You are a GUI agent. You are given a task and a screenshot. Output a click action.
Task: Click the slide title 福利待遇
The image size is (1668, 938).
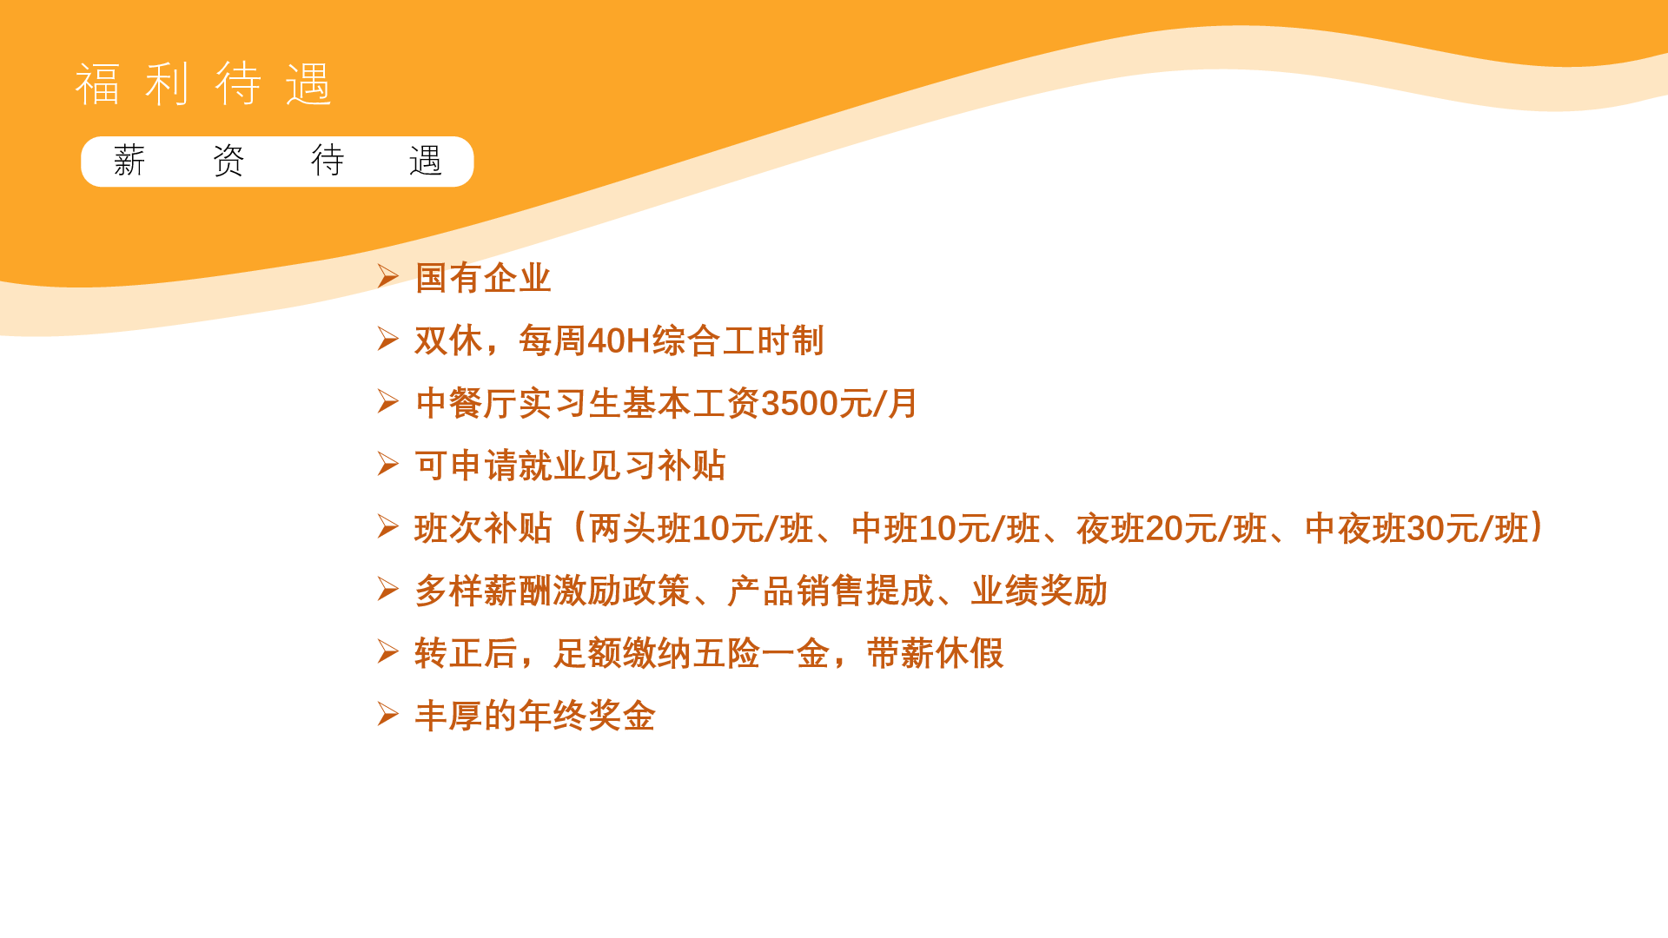click(x=203, y=84)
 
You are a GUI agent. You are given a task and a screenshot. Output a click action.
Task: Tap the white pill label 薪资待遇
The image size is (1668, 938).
click(x=277, y=162)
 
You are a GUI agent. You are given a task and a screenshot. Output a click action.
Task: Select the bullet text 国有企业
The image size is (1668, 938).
click(x=483, y=278)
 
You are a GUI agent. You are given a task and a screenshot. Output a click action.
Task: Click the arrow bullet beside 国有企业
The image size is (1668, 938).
click(x=387, y=276)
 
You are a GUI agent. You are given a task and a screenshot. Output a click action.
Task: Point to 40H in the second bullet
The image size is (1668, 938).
click(x=619, y=340)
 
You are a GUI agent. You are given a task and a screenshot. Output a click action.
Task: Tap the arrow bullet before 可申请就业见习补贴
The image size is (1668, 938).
click(x=387, y=464)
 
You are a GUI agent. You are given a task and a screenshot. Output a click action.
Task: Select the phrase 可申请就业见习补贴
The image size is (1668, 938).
click(x=570, y=466)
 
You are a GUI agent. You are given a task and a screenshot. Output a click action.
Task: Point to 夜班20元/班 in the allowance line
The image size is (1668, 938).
click(x=1172, y=528)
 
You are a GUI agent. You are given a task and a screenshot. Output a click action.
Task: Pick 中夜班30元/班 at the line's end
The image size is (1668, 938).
click(x=1416, y=528)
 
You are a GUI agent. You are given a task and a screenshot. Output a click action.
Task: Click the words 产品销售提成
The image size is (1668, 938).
click(x=831, y=591)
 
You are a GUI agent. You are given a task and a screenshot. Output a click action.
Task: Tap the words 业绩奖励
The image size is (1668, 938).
click(x=1039, y=591)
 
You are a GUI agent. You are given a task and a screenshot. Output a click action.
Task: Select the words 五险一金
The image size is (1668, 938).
click(x=761, y=653)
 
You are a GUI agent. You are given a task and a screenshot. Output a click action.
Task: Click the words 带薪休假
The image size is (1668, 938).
click(x=935, y=653)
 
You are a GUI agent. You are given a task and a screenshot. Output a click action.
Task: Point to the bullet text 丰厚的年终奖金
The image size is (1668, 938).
click(x=535, y=716)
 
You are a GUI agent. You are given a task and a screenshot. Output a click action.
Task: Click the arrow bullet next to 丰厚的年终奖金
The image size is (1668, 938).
click(x=387, y=714)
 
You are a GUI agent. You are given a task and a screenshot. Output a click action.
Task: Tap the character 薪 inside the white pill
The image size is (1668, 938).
click(x=129, y=161)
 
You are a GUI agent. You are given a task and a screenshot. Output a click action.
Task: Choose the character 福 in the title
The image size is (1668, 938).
click(x=97, y=84)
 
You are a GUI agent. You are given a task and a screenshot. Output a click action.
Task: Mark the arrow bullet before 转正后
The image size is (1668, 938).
click(x=387, y=651)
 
